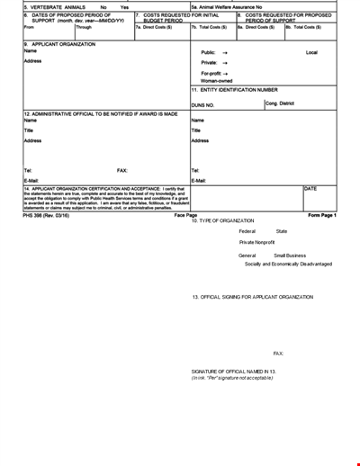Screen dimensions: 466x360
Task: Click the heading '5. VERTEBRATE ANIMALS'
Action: pyautogui.click(x=54, y=6)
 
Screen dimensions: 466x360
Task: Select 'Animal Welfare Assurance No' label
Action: pyautogui.click(x=226, y=6)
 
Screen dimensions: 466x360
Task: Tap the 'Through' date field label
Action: pyautogui.click(x=84, y=27)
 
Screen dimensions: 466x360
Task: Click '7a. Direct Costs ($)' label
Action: pyautogui.click(x=152, y=27)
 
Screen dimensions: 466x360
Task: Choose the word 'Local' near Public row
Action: pyautogui.click(x=311, y=52)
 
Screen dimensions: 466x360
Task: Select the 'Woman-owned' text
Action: pyautogui.click(x=216, y=81)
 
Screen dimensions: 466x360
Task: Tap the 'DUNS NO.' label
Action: pyautogui.click(x=203, y=105)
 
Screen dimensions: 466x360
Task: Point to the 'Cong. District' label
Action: pyautogui.click(x=280, y=103)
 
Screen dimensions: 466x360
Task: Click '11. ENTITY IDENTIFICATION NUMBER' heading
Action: pyautogui.click(x=234, y=90)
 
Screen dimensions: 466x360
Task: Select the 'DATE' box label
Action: pyautogui.click(x=310, y=188)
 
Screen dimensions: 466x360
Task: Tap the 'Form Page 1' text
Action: pyautogui.click(x=321, y=216)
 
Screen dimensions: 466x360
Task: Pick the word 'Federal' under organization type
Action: pyautogui.click(x=247, y=231)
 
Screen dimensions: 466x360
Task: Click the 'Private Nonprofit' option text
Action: pyautogui.click(x=256, y=242)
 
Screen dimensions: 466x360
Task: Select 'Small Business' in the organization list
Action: pyautogui.click(x=290, y=255)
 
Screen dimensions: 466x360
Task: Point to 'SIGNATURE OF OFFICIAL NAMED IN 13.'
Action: pyautogui.click(x=234, y=371)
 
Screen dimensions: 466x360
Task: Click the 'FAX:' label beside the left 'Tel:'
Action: pyautogui.click(x=122, y=169)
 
